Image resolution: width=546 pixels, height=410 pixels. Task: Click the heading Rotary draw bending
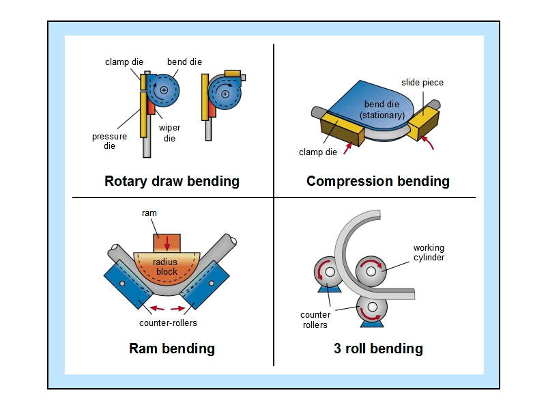pos(172,182)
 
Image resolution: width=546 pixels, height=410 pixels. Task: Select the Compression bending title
pos(378,182)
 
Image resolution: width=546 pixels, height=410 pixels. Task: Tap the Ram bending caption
pos(172,348)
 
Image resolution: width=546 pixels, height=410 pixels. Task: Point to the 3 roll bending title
pos(378,348)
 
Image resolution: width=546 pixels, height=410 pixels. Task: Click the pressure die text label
pos(109,141)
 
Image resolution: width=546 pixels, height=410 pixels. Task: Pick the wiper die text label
pos(169,133)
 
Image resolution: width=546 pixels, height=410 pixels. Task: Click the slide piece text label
pos(422,83)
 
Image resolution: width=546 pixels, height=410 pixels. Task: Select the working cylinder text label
pos(429,253)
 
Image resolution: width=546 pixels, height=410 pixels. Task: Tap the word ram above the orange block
pos(149,213)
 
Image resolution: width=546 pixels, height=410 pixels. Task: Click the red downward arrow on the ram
pos(167,243)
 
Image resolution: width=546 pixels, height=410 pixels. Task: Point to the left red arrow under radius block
pos(157,308)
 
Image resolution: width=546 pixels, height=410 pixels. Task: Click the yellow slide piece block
pos(423,123)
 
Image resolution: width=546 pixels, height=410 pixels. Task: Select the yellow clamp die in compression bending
pos(343,128)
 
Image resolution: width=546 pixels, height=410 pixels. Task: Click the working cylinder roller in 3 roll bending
pos(371,271)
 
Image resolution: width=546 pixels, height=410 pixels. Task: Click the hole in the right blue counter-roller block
pos(212,284)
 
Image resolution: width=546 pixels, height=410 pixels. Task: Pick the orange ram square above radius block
pos(167,243)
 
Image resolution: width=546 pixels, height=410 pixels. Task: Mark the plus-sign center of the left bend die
pos(164,90)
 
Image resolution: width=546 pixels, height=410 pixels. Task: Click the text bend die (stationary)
pos(382,110)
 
